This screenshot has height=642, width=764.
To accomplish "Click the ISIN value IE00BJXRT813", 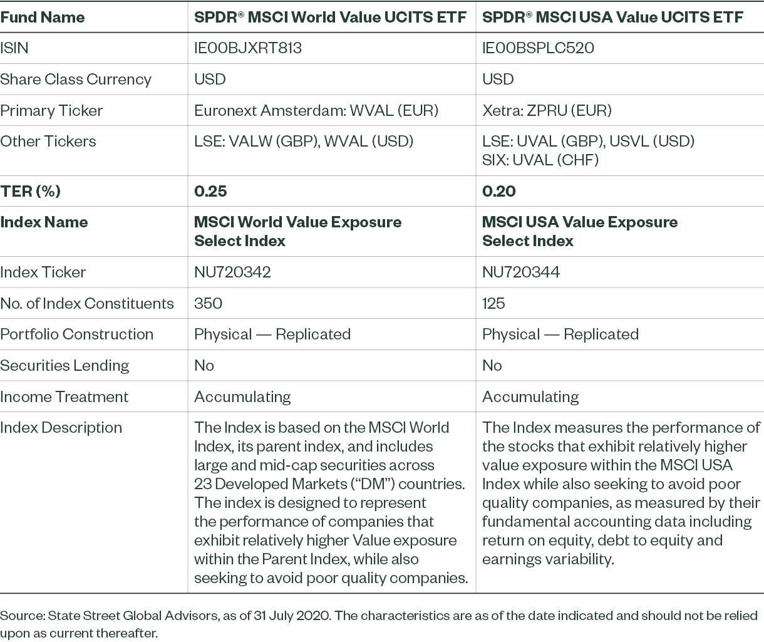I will coord(248,48).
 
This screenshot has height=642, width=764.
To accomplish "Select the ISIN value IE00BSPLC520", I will coord(538,48).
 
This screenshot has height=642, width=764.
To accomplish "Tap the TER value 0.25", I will coord(210,191).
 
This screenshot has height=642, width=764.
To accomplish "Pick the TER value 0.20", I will coord(498,191).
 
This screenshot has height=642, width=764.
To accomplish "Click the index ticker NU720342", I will coord(232,272).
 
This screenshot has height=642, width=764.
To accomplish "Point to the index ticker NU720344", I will coord(520,272).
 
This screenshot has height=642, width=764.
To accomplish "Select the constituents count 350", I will coord(208,303).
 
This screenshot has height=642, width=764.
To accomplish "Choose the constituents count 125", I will coord(493,303).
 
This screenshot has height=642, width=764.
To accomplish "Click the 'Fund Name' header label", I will coord(43,17).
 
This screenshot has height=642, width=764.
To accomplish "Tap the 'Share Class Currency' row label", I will coord(76,80).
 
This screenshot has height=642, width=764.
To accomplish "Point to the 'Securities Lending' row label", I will coord(65,365).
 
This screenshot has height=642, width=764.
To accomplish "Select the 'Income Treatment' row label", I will coord(64,396).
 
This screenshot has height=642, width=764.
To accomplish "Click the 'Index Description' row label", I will coord(61,428).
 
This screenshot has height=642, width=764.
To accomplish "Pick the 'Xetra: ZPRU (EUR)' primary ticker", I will coord(547,111).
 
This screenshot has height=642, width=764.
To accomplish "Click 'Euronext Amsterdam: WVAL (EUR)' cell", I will coord(316,111).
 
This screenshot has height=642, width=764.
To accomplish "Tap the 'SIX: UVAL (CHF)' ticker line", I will coord(540,160).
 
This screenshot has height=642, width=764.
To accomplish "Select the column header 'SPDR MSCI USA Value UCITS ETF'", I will coord(612,17).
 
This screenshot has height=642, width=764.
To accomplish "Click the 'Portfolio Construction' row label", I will coord(76,334).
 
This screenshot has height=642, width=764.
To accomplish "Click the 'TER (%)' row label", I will coord(31,191).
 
